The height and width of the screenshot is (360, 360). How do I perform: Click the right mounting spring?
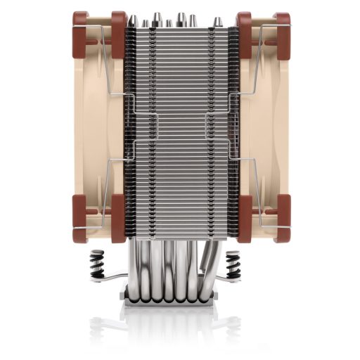pos(234,268)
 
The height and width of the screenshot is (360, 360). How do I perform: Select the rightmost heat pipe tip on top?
pos(218,22)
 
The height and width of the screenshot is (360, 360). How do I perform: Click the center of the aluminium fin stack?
pos(180,127)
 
